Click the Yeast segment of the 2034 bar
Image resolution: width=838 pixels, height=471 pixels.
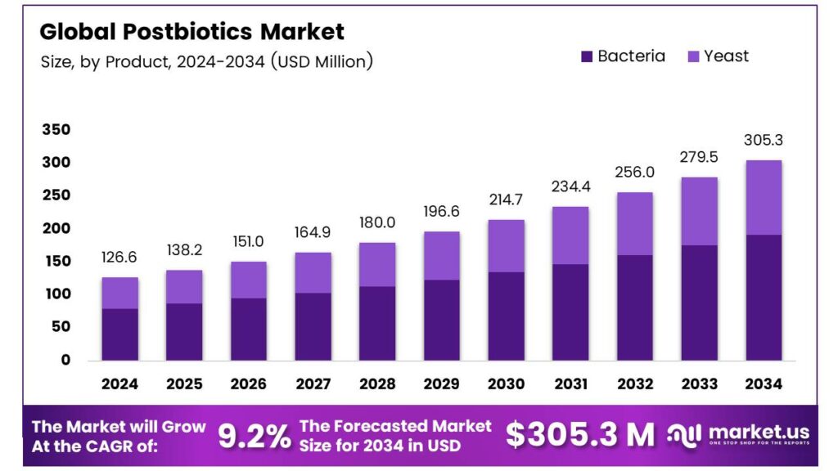point(763,197)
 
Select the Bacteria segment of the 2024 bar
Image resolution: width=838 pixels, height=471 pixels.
point(119,334)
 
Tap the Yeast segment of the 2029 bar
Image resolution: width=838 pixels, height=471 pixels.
point(441,255)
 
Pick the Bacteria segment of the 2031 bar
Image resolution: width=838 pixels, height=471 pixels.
point(570,312)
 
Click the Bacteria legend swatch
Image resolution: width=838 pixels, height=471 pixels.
point(586,56)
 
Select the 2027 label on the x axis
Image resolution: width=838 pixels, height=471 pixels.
point(313,384)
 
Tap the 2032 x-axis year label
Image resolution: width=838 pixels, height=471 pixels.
point(634,384)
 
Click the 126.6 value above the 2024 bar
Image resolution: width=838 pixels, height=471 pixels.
point(119,258)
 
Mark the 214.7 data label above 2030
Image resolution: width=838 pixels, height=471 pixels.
point(505,200)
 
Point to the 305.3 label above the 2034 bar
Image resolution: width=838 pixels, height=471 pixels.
point(763,140)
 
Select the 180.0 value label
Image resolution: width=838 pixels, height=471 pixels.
point(376,222)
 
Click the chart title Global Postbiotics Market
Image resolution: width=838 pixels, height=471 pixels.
point(192,32)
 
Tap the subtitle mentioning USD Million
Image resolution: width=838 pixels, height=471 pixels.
point(206,61)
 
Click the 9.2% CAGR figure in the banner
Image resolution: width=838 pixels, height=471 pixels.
point(255,437)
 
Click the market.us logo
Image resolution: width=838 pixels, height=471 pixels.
point(739,433)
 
